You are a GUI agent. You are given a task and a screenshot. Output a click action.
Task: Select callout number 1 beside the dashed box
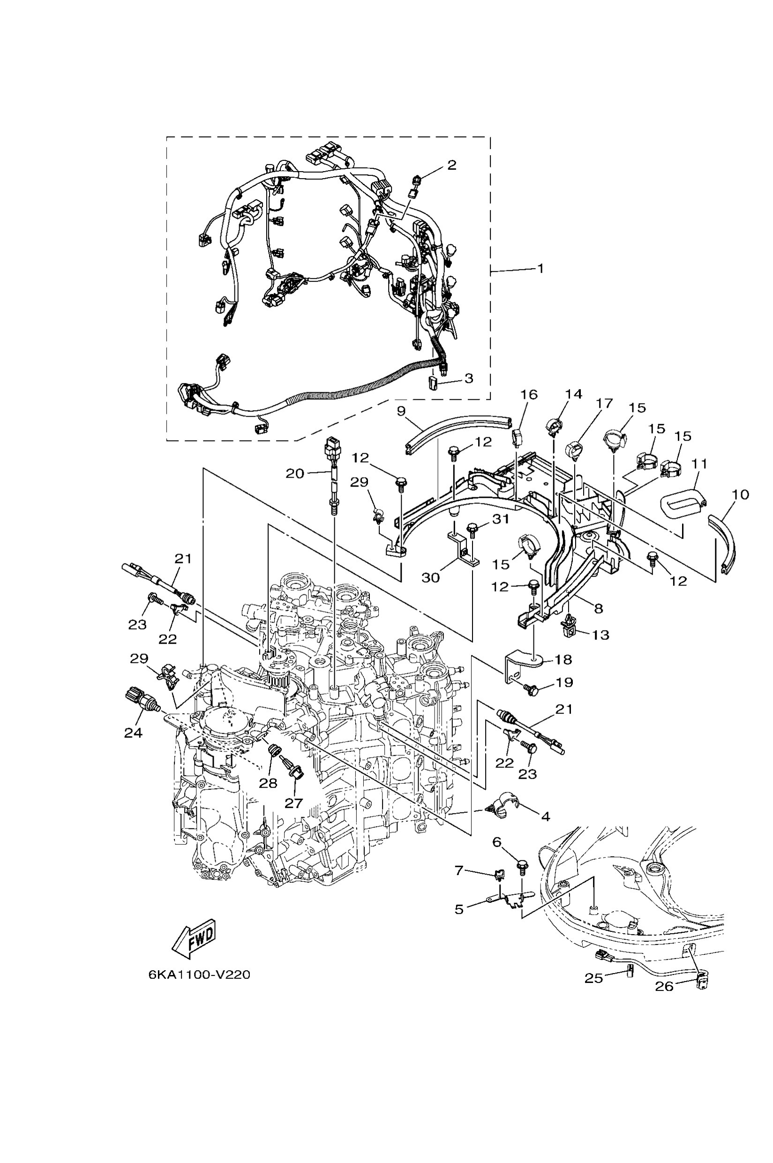pos(540,269)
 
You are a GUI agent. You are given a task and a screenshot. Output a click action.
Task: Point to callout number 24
pos(133,733)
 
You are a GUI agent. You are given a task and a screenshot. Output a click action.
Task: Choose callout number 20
pos(295,473)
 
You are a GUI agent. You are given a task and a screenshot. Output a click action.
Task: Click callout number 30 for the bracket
pos(430,577)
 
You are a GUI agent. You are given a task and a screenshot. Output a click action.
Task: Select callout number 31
pos(500,519)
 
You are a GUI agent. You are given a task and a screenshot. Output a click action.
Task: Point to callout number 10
pos(741,494)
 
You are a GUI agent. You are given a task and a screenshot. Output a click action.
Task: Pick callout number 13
pos(600,635)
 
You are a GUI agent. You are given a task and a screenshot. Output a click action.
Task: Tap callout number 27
pos(293,803)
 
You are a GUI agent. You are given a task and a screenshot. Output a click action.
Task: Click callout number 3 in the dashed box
pos(468,378)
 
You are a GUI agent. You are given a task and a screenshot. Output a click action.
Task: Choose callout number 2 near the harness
pos(451,165)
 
